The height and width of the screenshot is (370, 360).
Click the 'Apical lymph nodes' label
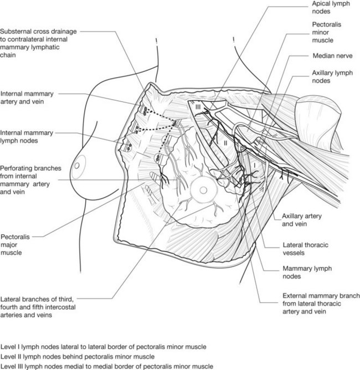click(x=331, y=7)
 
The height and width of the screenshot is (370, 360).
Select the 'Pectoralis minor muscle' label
click(x=327, y=32)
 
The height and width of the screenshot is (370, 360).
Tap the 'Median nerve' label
click(x=332, y=56)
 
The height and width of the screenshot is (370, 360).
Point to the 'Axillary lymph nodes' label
click(x=332, y=76)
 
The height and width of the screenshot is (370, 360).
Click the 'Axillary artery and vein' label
click(x=302, y=220)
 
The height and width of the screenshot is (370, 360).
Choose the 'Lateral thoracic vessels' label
click(x=305, y=249)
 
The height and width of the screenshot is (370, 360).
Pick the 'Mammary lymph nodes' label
click(x=307, y=273)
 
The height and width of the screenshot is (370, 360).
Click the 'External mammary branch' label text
click(x=321, y=296)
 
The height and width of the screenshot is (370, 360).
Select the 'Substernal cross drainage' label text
click(x=38, y=32)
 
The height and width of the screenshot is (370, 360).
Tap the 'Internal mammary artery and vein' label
click(x=27, y=97)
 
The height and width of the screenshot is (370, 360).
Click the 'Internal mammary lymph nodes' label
click(x=27, y=137)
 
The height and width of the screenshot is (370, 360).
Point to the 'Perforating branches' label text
click(x=30, y=168)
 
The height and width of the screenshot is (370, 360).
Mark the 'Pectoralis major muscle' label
click(x=15, y=245)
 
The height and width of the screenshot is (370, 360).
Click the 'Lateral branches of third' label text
click(x=37, y=300)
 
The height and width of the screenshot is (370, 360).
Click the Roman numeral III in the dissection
click(x=198, y=107)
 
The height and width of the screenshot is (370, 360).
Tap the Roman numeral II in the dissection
click(x=225, y=143)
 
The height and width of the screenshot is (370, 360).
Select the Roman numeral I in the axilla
click(x=255, y=166)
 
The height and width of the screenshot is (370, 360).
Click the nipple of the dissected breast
click(x=203, y=190)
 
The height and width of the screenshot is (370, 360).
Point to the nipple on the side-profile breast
click(x=76, y=166)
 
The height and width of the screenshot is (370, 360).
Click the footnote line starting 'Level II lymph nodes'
click(x=78, y=357)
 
